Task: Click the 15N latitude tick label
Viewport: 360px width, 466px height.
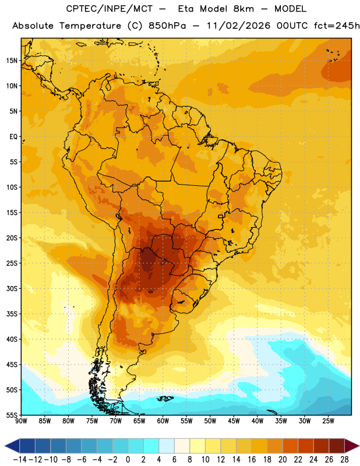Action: [12, 61]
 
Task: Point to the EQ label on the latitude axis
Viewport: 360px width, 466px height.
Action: [13, 137]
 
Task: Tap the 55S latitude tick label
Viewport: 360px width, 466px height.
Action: [12, 415]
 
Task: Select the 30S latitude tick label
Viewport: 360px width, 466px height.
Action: [12, 288]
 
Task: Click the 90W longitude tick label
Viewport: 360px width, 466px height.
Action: [22, 421]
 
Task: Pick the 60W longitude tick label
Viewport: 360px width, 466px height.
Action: [163, 421]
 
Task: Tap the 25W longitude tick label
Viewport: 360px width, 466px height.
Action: [328, 421]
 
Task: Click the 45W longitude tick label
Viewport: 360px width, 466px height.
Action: [234, 421]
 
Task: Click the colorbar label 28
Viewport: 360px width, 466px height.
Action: [344, 460]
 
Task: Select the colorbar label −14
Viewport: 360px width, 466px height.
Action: [20, 460]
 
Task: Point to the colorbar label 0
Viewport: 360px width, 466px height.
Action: [128, 460]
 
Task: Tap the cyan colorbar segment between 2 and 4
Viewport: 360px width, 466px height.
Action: [151, 446]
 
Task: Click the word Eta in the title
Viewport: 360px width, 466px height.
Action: [186, 9]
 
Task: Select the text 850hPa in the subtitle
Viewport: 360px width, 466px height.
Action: [167, 26]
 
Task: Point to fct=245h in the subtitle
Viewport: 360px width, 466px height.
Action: [337, 26]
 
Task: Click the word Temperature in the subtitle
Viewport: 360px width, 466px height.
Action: [90, 26]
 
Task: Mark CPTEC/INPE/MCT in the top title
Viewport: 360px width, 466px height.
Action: [110, 9]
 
